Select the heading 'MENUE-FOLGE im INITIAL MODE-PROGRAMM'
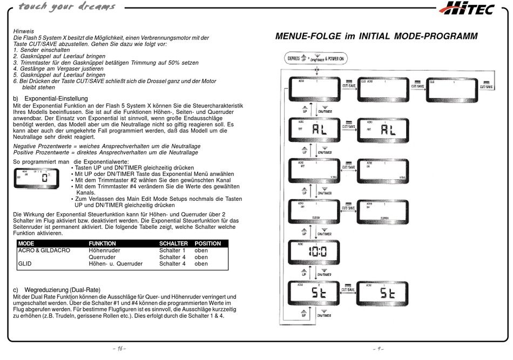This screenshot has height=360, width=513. (x=376, y=37)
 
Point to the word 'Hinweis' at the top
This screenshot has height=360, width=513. (x=23, y=31)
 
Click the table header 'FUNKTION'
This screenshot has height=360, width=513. (x=103, y=243)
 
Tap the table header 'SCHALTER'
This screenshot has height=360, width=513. (x=173, y=243)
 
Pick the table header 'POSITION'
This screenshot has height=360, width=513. (x=208, y=243)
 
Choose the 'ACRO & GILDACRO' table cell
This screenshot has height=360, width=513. (x=44, y=250)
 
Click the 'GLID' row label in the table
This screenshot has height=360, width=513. (x=25, y=264)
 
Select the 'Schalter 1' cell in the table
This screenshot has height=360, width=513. (x=172, y=250)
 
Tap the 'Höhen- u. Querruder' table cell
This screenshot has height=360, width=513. (x=116, y=264)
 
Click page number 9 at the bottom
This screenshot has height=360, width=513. (x=377, y=349)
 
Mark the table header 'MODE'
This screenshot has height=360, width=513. (x=26, y=243)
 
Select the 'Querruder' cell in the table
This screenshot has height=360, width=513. (x=103, y=257)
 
